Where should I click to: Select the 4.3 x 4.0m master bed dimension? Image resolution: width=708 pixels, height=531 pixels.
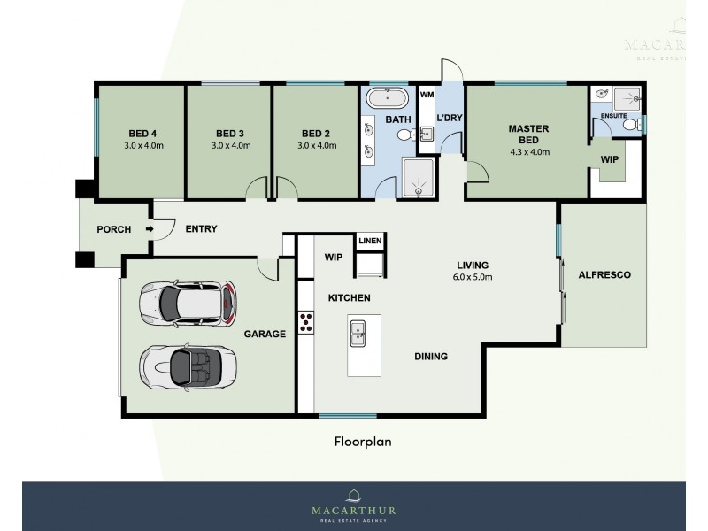click(528, 151)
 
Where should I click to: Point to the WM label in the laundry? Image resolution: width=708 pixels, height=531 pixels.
click(427, 94)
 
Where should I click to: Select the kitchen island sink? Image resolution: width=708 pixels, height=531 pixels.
click(359, 333)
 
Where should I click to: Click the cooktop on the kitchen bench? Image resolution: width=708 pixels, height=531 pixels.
click(306, 322)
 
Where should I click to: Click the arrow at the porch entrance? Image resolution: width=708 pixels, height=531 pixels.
click(149, 229)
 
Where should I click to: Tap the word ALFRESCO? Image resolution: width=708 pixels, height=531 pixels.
click(604, 275)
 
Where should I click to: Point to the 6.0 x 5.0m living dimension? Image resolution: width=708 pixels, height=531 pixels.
click(473, 277)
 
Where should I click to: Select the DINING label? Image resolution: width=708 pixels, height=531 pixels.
click(431, 357)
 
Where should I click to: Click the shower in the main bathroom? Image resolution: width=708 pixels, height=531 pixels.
click(418, 179)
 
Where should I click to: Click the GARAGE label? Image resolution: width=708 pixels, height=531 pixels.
click(265, 334)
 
